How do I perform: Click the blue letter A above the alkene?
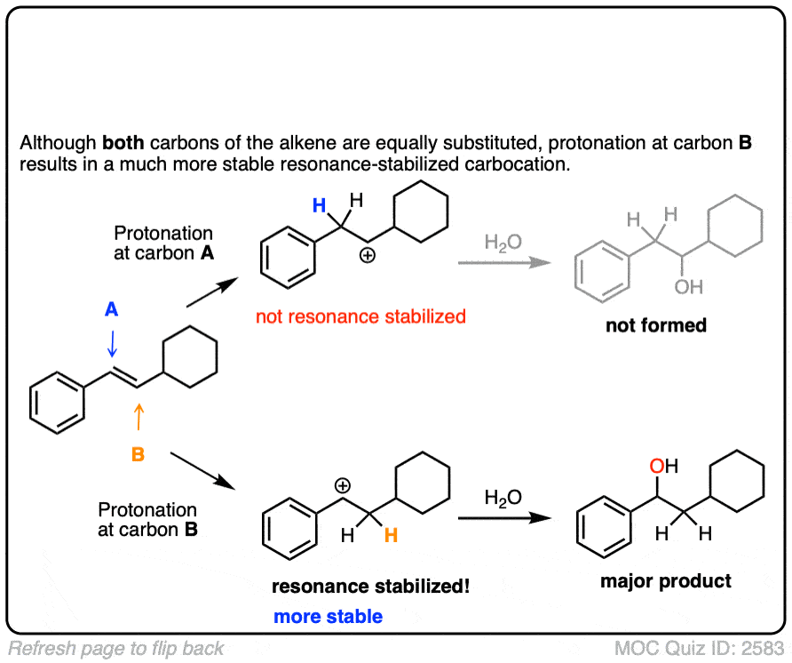pyautogui.click(x=111, y=309)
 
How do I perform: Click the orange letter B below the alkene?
pyautogui.click(x=138, y=455)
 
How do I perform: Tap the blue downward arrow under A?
pyautogui.click(x=112, y=342)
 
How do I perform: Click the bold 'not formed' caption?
pyautogui.click(x=656, y=325)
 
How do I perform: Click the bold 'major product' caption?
pyautogui.click(x=666, y=581)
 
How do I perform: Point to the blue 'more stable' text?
pyautogui.click(x=329, y=616)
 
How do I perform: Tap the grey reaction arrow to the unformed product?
pyautogui.click(x=502, y=263)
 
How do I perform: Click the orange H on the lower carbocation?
pyautogui.click(x=390, y=535)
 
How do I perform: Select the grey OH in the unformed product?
pyautogui.click(x=688, y=287)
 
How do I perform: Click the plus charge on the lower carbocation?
pyautogui.click(x=343, y=485)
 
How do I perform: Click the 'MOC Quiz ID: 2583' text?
pyautogui.click(x=698, y=647)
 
